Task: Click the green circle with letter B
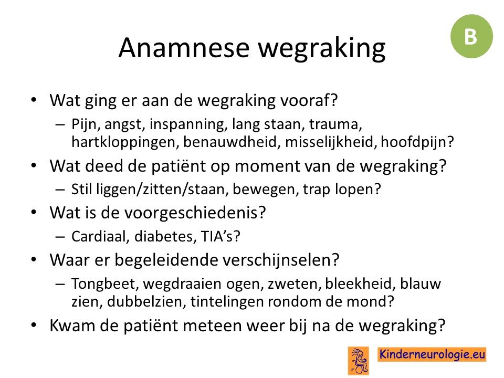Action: [471, 36]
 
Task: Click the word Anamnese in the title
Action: [184, 48]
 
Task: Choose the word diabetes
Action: [165, 237]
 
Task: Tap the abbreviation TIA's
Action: [220, 237]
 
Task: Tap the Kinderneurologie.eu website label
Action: [432, 354]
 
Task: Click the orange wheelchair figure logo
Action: [359, 361]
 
